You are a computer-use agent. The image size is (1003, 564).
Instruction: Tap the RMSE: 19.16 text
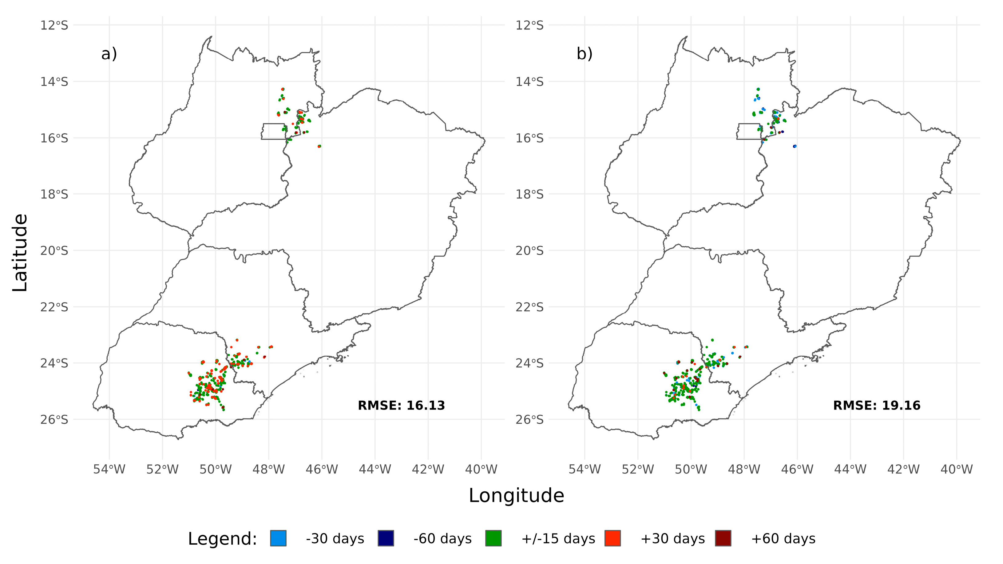click(x=876, y=406)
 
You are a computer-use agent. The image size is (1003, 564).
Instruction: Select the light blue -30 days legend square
click(x=278, y=538)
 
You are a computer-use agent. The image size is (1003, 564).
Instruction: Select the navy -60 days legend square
click(x=386, y=538)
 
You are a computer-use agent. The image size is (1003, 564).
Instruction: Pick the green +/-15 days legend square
click(x=493, y=538)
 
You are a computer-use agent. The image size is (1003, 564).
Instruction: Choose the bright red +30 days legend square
click(x=613, y=538)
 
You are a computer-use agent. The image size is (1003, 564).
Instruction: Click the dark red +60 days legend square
click(x=723, y=538)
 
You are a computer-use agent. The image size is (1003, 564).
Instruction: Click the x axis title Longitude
click(x=516, y=496)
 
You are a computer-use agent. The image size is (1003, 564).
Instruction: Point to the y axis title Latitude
click(x=20, y=252)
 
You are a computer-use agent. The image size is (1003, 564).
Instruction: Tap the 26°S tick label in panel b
click(x=529, y=419)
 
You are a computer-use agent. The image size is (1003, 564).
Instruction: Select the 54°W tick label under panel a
click(x=109, y=469)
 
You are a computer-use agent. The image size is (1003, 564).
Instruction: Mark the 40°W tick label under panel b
click(x=956, y=469)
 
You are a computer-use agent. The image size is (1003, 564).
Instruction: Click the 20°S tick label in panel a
click(x=54, y=251)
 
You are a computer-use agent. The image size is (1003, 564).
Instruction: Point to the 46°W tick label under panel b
click(x=797, y=469)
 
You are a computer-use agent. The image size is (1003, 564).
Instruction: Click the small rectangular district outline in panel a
click(x=273, y=131)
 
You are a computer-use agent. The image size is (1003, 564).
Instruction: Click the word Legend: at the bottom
click(x=222, y=539)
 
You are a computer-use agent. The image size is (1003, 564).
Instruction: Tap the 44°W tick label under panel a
click(x=375, y=469)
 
